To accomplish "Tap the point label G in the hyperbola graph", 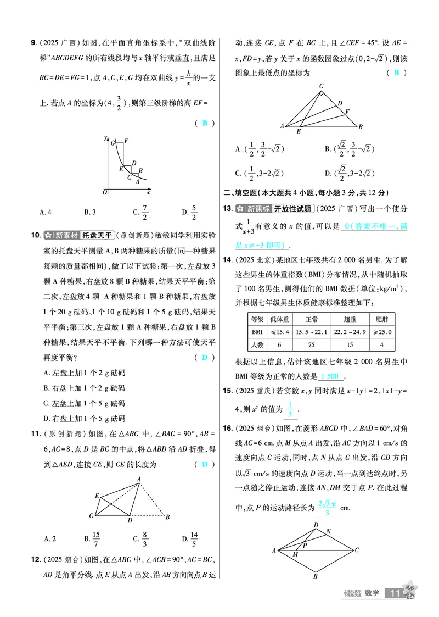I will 112,143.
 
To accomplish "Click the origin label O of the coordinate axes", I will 104,192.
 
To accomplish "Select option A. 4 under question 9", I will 46,212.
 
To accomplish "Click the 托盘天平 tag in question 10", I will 97,236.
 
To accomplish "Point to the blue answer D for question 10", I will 205,357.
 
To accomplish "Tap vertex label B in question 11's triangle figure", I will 167,517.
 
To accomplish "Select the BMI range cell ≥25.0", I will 378,332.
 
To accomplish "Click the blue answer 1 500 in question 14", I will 331,376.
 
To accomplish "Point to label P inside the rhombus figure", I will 305,546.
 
